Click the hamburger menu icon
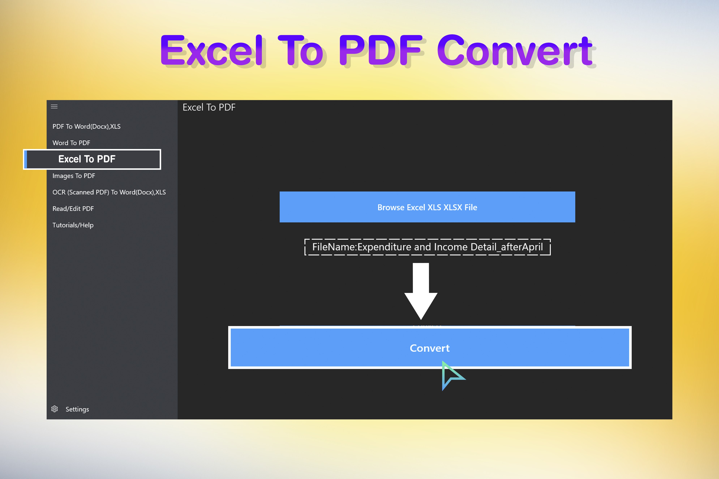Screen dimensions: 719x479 [x=54, y=107]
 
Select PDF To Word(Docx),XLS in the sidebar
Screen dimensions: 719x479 [x=87, y=126]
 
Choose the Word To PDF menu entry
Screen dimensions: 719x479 [x=71, y=143]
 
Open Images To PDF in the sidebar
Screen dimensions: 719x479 [x=74, y=176]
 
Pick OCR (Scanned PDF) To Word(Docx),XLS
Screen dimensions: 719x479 [x=109, y=192]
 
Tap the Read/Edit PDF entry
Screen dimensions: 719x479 [x=73, y=209]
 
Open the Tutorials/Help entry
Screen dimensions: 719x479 [x=73, y=225]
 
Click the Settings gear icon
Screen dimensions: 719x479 [x=54, y=409]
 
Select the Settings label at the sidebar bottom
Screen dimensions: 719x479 [x=77, y=409]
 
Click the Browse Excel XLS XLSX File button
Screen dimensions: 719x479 [x=427, y=207]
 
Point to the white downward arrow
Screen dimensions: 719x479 [x=421, y=291]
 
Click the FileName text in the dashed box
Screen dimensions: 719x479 [x=428, y=247]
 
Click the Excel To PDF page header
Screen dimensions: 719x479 [x=209, y=107]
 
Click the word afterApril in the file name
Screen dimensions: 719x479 [x=522, y=247]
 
